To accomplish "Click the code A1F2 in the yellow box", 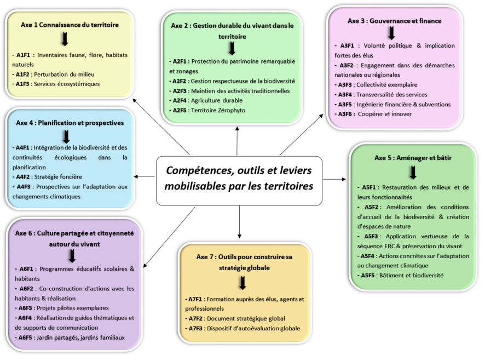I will [x=24, y=74].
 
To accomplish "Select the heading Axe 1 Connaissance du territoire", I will [x=70, y=25].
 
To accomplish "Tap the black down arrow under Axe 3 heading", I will [x=391, y=32].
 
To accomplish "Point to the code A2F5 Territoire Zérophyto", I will [x=178, y=110].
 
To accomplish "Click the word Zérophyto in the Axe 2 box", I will [x=230, y=110].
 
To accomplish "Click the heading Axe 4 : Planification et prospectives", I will [x=70, y=123].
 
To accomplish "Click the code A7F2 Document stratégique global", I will [x=195, y=318].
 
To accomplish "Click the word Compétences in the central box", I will [x=199, y=171].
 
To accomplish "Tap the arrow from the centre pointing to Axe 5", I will [x=335, y=179].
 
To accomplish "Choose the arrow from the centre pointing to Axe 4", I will [x=145, y=176].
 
